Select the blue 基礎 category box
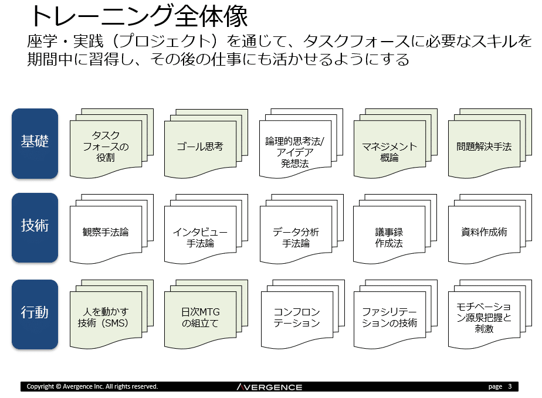point(35,143)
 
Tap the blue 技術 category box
point(35,227)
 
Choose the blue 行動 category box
point(35,314)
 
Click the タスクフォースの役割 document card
point(106,147)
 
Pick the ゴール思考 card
point(200,147)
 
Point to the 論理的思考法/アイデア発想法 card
point(294,152)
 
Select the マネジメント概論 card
point(389,152)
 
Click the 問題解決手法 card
point(484,147)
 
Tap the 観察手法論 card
point(106,233)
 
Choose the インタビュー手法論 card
point(200,237)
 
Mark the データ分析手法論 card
point(295,237)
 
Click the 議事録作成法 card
point(389,237)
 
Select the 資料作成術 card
point(484,233)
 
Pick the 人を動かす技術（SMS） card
point(106,318)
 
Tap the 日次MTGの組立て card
point(200,318)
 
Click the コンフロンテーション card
point(295,318)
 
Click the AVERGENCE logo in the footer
point(270,387)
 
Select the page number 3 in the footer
point(510,386)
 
